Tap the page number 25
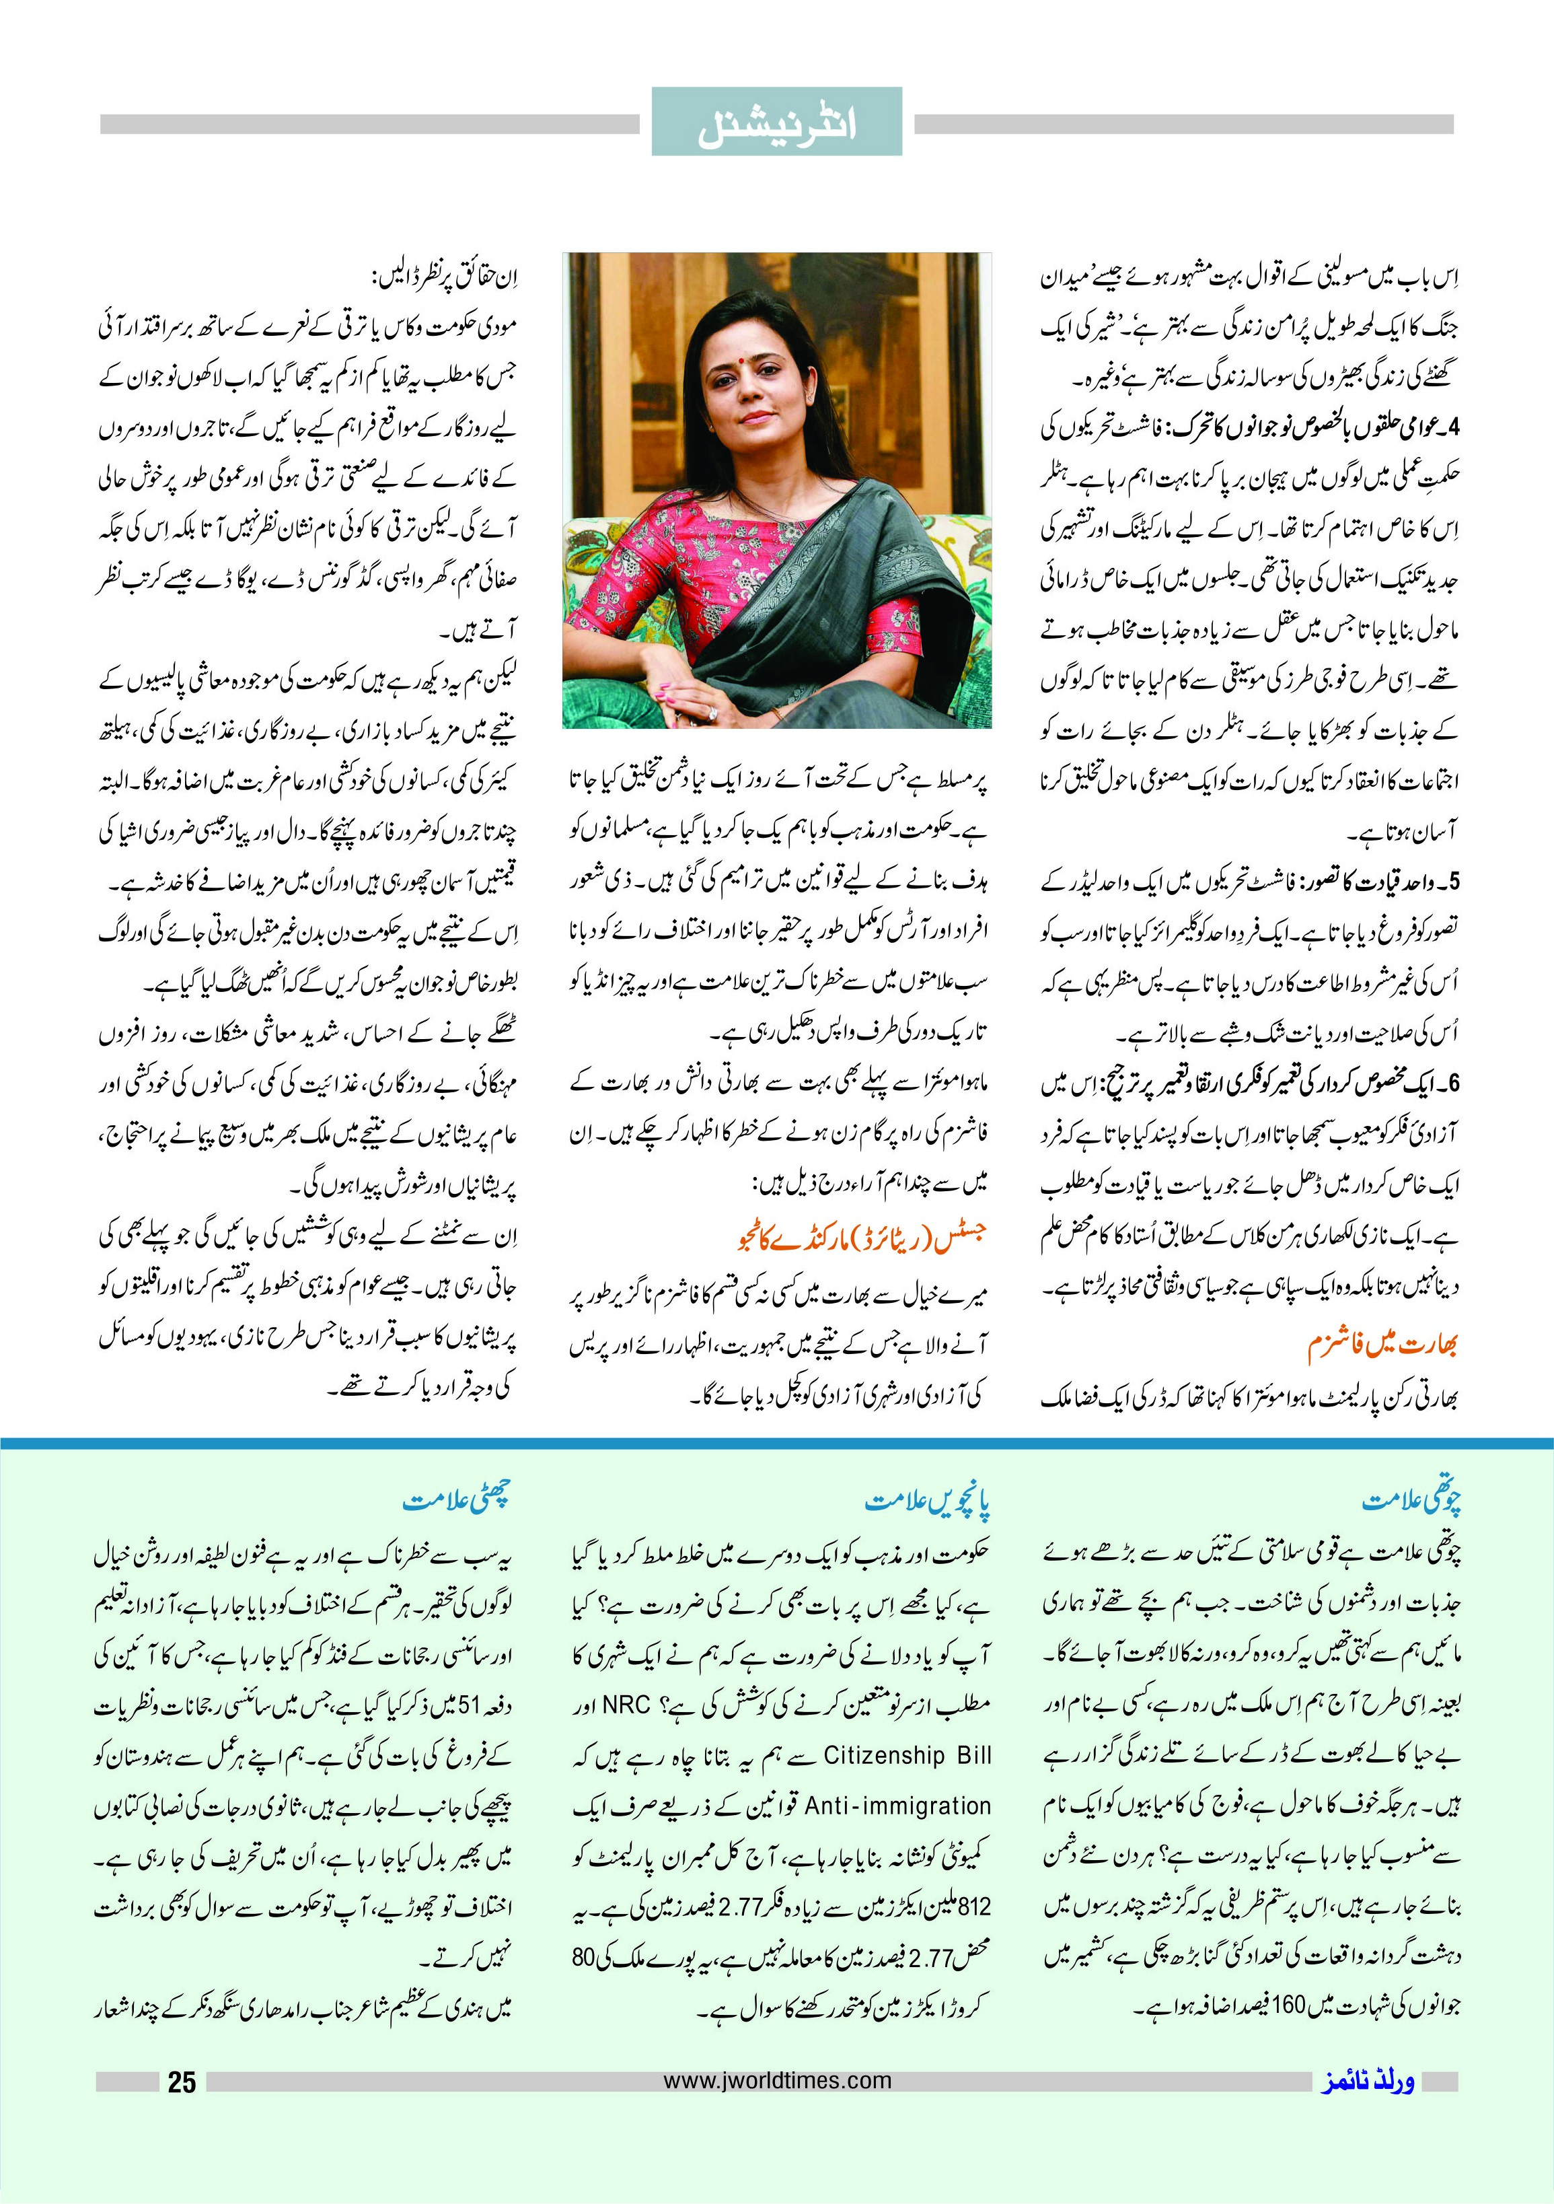[x=182, y=2182]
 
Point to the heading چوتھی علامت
[x=1411, y=1501]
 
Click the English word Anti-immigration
[x=897, y=1806]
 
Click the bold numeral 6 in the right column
[x=1453, y=1083]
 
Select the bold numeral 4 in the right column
[x=1453, y=428]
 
